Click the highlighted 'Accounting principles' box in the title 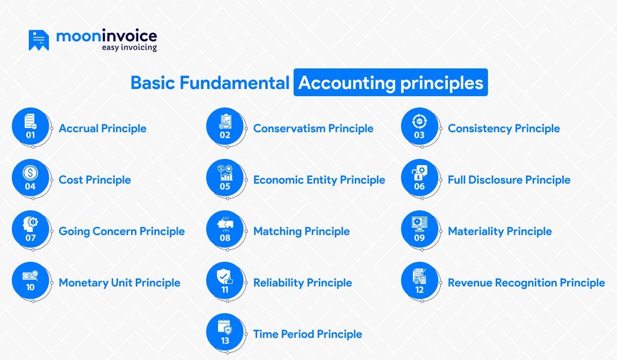click(390, 83)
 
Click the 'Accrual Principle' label click(102, 129)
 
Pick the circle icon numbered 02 click(225, 127)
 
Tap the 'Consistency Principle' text click(503, 129)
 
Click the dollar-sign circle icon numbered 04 click(30, 178)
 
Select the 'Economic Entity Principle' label click(319, 180)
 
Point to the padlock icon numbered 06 click(420, 178)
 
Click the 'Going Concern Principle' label click(121, 231)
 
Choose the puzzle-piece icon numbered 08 click(225, 230)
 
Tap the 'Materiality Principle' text click(499, 231)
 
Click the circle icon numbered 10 click(30, 281)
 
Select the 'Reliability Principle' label click(302, 283)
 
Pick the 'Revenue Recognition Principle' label click(526, 283)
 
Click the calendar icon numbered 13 click(225, 333)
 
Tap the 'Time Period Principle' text click(307, 334)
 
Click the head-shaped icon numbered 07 click(30, 230)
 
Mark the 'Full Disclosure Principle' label click(509, 180)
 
